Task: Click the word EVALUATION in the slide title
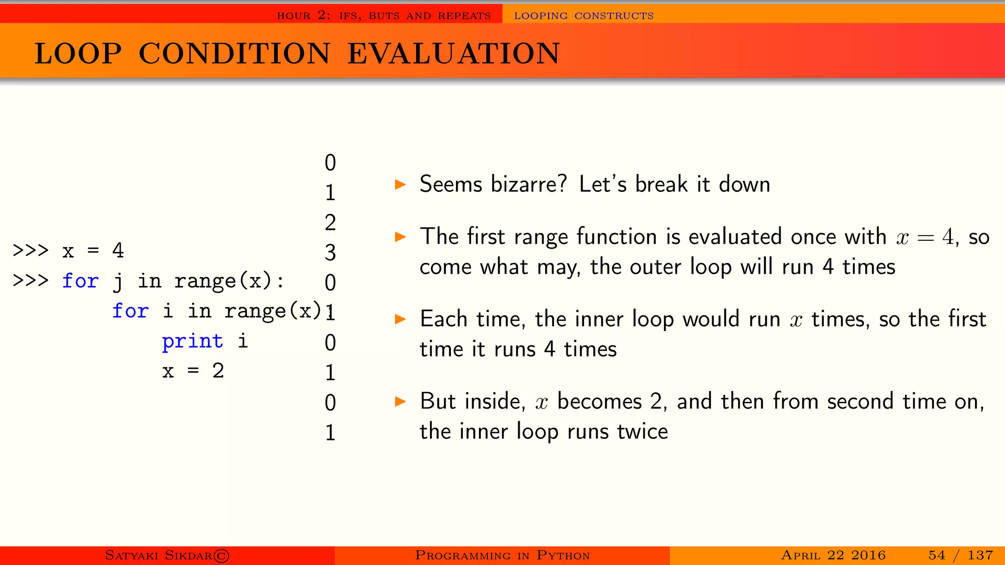click(x=453, y=53)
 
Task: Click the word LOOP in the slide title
click(x=78, y=53)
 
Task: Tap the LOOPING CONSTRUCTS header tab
click(x=583, y=16)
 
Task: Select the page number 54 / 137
click(x=960, y=555)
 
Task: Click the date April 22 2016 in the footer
click(x=833, y=555)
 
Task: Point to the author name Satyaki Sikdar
click(x=167, y=555)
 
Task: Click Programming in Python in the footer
click(x=502, y=555)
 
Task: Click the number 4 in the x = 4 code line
click(x=118, y=251)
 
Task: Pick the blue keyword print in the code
click(x=192, y=341)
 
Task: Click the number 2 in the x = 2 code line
click(x=218, y=371)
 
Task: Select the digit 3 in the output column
click(x=330, y=253)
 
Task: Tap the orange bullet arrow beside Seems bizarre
click(x=401, y=185)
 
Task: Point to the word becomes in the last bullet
click(x=600, y=402)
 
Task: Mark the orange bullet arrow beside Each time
click(x=401, y=320)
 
